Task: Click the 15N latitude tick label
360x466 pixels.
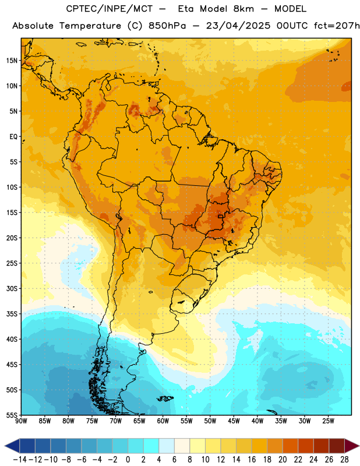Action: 12,61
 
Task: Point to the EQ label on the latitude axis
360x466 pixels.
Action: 13,137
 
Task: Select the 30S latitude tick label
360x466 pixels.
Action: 12,288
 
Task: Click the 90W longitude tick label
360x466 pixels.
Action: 21,421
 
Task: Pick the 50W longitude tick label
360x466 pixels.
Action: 210,421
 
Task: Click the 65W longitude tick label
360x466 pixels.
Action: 139,421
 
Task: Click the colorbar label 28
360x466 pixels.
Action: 344,460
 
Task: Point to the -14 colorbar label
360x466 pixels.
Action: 20,460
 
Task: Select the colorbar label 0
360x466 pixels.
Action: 128,460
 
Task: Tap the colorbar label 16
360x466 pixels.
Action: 252,460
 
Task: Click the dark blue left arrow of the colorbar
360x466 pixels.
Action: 12,446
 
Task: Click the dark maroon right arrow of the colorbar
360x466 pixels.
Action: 352,446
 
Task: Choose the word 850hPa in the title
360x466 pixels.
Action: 167,26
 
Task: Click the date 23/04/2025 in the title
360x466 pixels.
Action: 238,26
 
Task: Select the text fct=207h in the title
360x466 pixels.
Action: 337,26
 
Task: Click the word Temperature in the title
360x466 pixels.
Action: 90,26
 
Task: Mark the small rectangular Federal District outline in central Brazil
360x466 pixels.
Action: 221,216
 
